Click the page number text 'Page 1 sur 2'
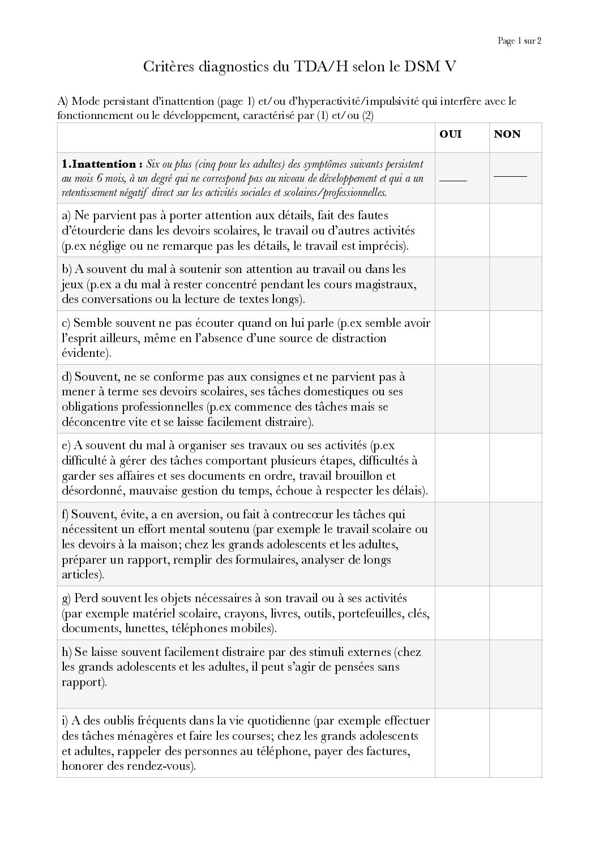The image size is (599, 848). tap(519, 41)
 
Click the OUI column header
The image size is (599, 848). tap(451, 134)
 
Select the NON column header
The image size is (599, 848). tap(507, 134)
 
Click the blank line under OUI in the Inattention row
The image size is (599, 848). tap(453, 180)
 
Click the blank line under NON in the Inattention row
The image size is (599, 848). tap(510, 176)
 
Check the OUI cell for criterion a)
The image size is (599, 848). tap(462, 231)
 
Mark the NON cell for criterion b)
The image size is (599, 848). tap(515, 284)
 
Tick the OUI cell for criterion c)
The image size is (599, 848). tap(462, 338)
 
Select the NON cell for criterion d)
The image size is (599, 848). tap(515, 399)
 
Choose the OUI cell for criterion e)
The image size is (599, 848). tap(462, 468)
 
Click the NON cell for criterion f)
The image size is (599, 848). tap(515, 544)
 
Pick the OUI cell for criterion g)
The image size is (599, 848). tap(462, 613)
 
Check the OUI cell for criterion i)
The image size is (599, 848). tap(462, 743)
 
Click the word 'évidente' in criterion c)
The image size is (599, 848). tap(84, 353)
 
